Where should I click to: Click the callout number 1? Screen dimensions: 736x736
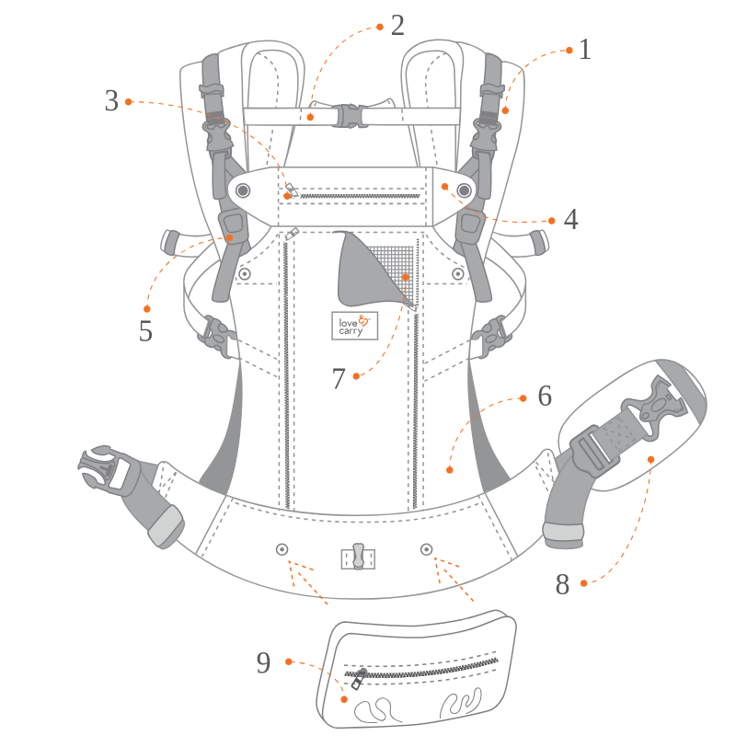coord(585,50)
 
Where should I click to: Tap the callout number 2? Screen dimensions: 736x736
coord(397,26)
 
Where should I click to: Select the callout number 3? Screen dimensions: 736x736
coord(111,101)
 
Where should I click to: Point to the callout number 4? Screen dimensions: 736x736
coord(570,221)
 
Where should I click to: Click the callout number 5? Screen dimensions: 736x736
coord(145,331)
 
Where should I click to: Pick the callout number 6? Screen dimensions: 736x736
coord(545,397)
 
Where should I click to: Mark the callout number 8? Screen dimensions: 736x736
coord(562,585)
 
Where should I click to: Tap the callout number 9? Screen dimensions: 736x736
coord(264,663)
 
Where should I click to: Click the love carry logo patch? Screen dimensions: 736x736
coord(354,325)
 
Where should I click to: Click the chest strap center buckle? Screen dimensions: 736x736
coord(349,116)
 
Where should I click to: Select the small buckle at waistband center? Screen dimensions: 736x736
coord(358,557)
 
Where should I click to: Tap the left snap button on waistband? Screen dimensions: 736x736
coord(282,549)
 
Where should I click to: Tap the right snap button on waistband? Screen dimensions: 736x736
coord(426,549)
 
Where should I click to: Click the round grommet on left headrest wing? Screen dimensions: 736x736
coord(243,190)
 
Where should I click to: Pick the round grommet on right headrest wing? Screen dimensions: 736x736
coord(465,190)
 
